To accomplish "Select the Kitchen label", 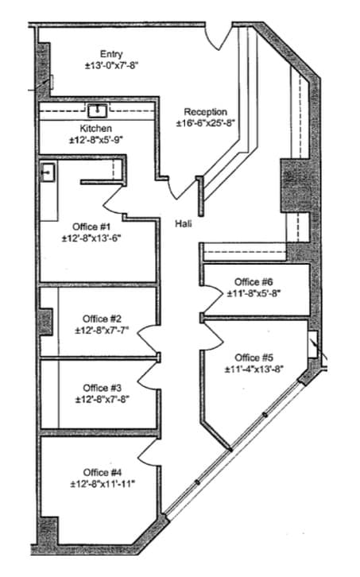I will pos(95,128).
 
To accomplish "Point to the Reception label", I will pos(205,112).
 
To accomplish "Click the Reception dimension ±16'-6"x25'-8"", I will pos(205,123).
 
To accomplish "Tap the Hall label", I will pos(184,223).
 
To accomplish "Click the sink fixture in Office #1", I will pos(48,172).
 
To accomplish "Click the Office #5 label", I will pos(254,358).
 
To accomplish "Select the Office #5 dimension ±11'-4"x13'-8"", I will pos(254,370).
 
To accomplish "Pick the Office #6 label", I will pos(254,281).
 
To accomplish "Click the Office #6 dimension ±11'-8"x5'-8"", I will pos(254,292).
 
